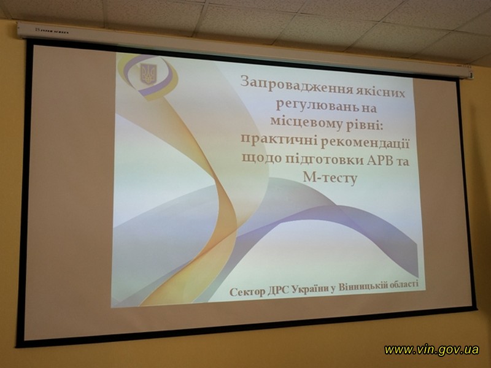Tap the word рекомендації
tap(365, 144)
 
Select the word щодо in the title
tap(262, 157)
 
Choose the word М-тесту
tap(330, 178)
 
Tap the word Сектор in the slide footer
tap(247, 293)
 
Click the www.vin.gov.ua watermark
tap(432, 349)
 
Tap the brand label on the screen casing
tap(52, 31)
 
